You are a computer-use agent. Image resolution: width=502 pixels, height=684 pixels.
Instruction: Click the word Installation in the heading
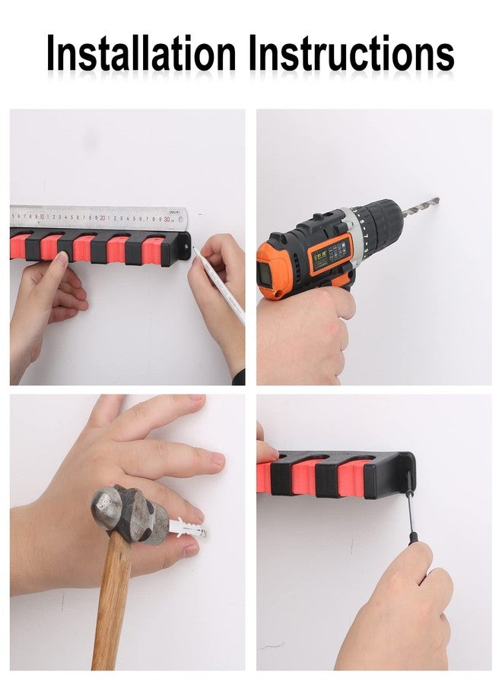click(141, 53)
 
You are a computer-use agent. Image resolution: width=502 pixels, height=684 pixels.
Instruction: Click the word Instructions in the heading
click(352, 53)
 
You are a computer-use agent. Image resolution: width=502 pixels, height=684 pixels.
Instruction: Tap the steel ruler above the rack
click(99, 217)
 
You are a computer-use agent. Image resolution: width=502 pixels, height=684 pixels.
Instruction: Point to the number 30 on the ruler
click(167, 219)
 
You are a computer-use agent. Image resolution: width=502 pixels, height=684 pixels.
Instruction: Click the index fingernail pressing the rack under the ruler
click(62, 259)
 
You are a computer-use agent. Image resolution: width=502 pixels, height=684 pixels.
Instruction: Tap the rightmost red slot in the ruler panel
click(154, 248)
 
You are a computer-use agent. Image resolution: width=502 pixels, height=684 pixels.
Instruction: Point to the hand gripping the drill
click(306, 332)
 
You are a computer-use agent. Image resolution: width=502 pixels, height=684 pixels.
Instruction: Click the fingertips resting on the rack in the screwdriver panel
click(266, 452)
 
